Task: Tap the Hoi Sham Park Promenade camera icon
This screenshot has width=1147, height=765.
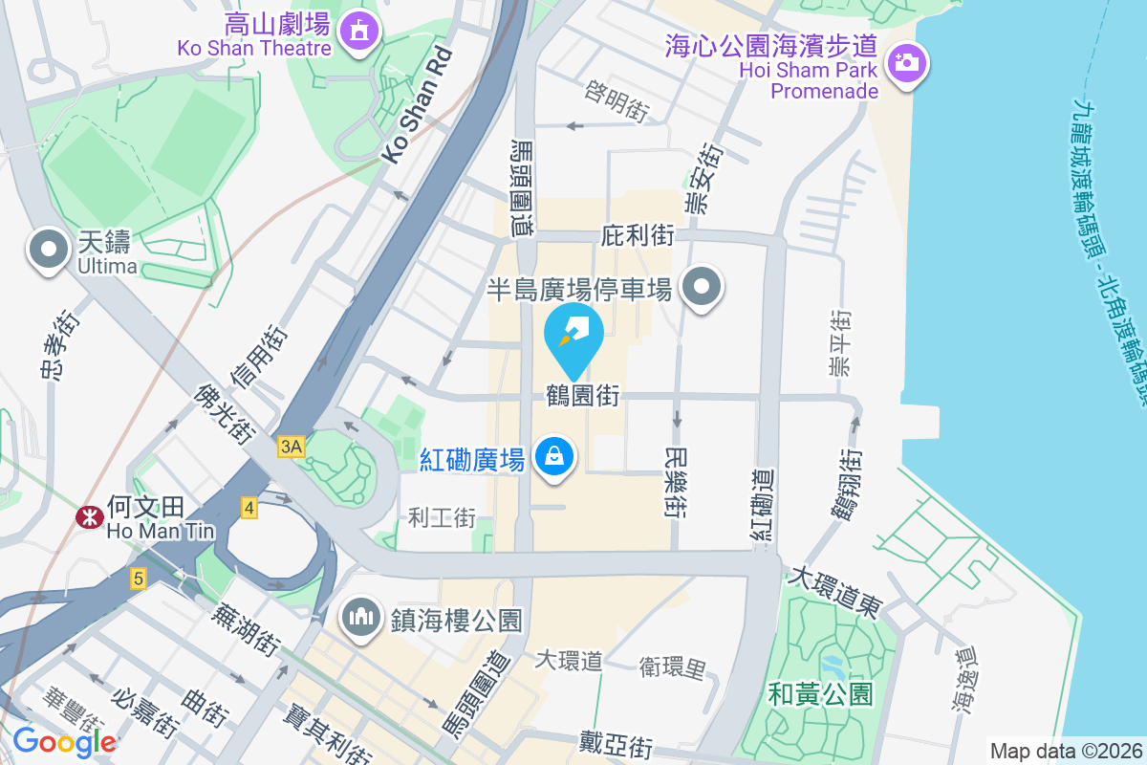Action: pyautogui.click(x=905, y=63)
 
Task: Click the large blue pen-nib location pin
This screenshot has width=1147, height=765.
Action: pyautogui.click(x=573, y=335)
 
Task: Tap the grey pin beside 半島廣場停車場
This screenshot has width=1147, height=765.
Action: pyautogui.click(x=702, y=287)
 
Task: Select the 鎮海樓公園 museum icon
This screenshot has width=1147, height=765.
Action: pyautogui.click(x=360, y=617)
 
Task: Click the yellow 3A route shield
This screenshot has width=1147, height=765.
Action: pyautogui.click(x=292, y=447)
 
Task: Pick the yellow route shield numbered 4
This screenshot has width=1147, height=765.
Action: pyautogui.click(x=249, y=508)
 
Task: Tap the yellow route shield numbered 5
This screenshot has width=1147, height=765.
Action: pyautogui.click(x=139, y=578)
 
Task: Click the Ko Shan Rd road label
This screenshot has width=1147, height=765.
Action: pyautogui.click(x=416, y=104)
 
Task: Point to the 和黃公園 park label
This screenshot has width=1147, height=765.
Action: pyautogui.click(x=820, y=693)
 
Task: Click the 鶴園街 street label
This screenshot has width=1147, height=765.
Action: pyautogui.click(x=583, y=395)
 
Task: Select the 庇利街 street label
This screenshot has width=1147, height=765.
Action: pyautogui.click(x=638, y=235)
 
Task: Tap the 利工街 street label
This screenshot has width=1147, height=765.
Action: pyautogui.click(x=442, y=517)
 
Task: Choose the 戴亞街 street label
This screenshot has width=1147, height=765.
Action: pyautogui.click(x=617, y=743)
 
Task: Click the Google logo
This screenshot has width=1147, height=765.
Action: pyautogui.click(x=64, y=742)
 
